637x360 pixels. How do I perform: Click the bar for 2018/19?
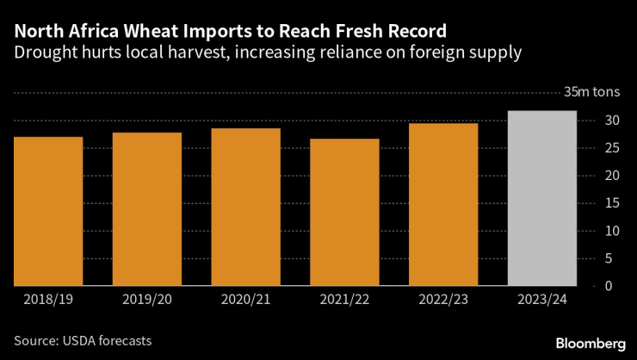tap(48, 211)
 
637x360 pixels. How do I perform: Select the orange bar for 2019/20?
tap(146, 208)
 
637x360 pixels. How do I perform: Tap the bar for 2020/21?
tap(245, 207)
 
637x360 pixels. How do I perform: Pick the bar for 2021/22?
tap(344, 212)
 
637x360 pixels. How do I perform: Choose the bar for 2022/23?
tap(443, 204)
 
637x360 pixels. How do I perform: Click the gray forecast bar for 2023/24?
tap(541, 198)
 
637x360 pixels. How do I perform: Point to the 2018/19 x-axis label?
tap(48, 299)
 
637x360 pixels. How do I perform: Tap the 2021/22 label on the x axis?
tap(344, 299)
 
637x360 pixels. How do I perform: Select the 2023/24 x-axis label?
tap(541, 299)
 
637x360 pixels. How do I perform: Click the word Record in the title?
tap(414, 31)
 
